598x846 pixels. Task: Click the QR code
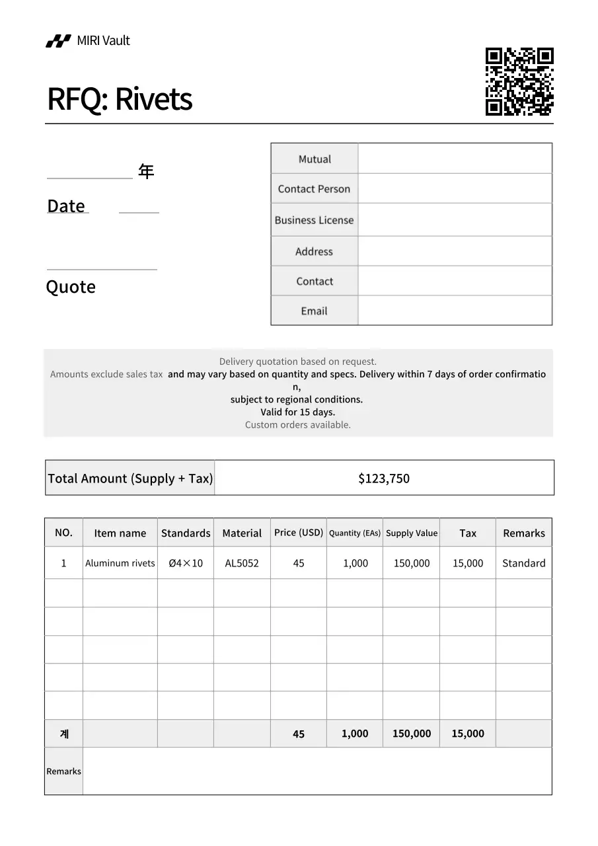[x=519, y=82]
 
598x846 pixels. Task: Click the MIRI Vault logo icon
[x=58, y=41]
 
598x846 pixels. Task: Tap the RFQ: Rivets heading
[x=120, y=99]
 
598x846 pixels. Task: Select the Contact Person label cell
[x=314, y=189]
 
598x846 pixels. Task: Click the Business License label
[x=314, y=220]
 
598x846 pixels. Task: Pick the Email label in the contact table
[x=314, y=311]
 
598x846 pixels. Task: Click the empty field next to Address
[x=455, y=251]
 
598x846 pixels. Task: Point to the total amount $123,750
[x=384, y=479]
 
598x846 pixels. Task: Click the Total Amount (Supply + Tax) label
[x=130, y=479]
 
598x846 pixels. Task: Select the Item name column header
[x=120, y=533]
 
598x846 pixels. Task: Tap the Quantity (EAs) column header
[x=355, y=533]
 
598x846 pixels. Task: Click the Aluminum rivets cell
[x=120, y=563]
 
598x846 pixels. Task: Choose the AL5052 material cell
[x=242, y=563]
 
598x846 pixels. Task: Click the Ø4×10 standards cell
[x=186, y=563]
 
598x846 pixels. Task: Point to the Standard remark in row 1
[x=523, y=563]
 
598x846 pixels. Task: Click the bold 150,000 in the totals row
[x=411, y=734]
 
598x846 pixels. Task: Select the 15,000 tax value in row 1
[x=467, y=563]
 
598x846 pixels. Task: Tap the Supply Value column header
[x=412, y=533]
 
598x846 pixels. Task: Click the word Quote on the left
[x=71, y=287]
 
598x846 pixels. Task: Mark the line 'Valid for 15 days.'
[x=297, y=412]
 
